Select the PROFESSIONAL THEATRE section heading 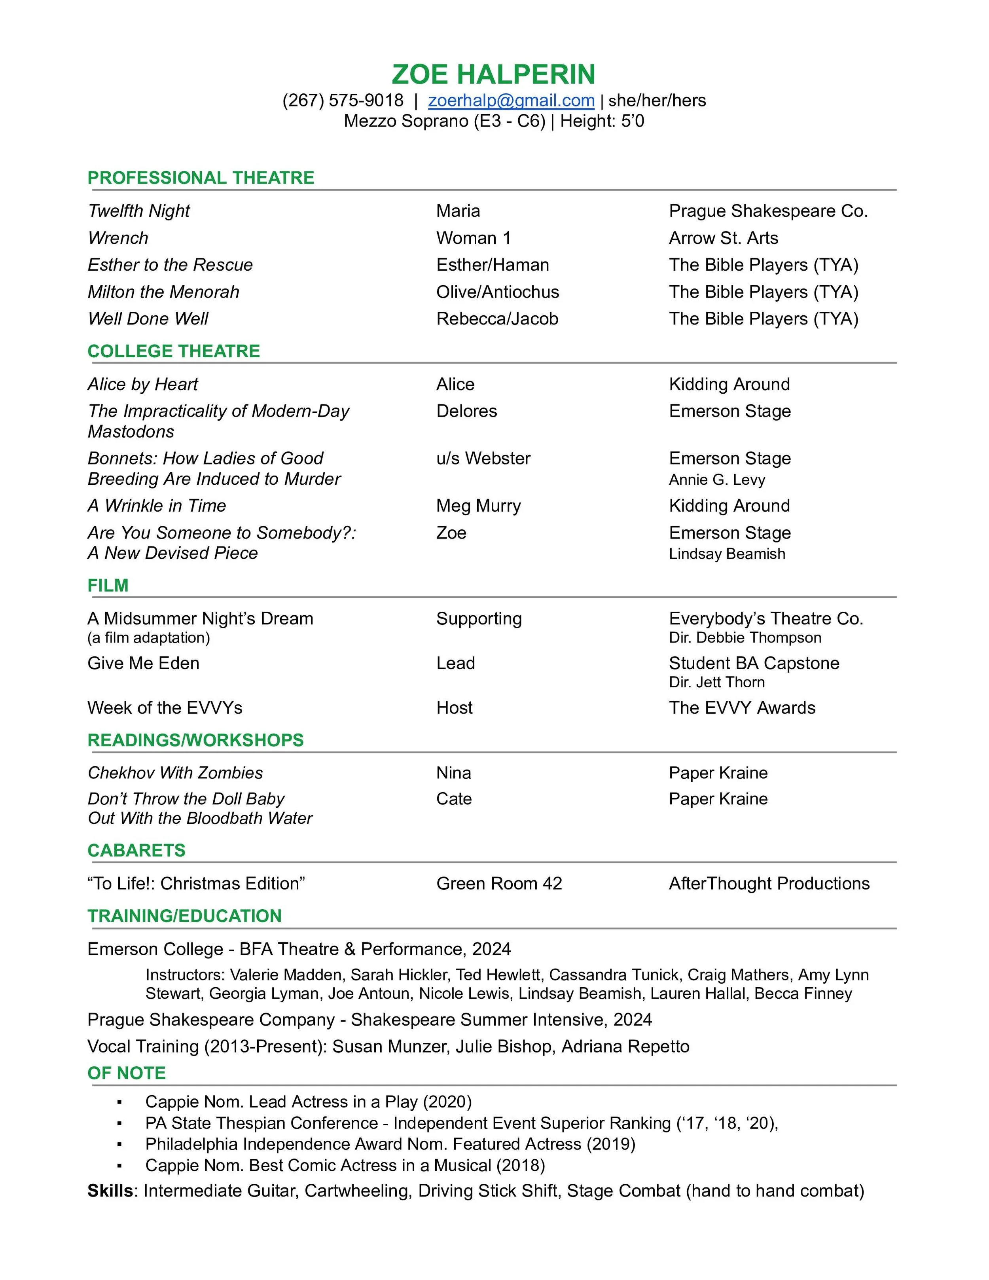coord(201,178)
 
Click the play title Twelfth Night coord(139,211)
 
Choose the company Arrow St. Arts coord(723,238)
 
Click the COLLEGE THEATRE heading coord(173,351)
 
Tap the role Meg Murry coord(478,506)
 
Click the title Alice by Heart coord(143,385)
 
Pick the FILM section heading coord(108,586)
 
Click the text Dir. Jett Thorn coord(716,682)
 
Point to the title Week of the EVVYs coord(165,708)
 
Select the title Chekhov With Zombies coord(175,773)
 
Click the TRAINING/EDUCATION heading coord(185,916)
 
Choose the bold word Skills coord(110,1191)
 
